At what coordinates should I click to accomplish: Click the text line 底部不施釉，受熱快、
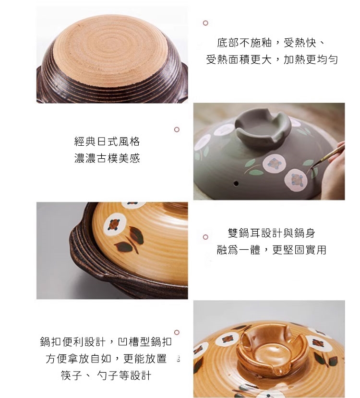[271, 43]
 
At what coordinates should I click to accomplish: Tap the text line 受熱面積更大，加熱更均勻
[272, 59]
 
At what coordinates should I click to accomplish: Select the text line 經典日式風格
[107, 141]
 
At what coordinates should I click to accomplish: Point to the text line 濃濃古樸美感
[107, 158]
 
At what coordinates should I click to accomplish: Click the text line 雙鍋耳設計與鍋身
[272, 233]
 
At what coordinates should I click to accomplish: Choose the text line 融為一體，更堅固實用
[272, 250]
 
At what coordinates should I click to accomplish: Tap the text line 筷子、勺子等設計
[106, 375]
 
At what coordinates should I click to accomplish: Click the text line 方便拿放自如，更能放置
[106, 358]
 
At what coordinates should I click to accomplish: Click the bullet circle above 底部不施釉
[205, 23]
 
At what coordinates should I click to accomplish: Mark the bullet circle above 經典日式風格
[177, 129]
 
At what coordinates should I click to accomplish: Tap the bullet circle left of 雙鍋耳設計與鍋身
[205, 237]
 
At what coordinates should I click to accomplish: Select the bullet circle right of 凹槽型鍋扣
[177, 332]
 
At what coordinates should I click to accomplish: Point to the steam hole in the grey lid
[236, 183]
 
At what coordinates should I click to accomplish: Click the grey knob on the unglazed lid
[263, 128]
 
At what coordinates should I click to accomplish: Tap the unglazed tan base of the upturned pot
[110, 51]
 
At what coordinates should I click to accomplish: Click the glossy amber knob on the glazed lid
[272, 349]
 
